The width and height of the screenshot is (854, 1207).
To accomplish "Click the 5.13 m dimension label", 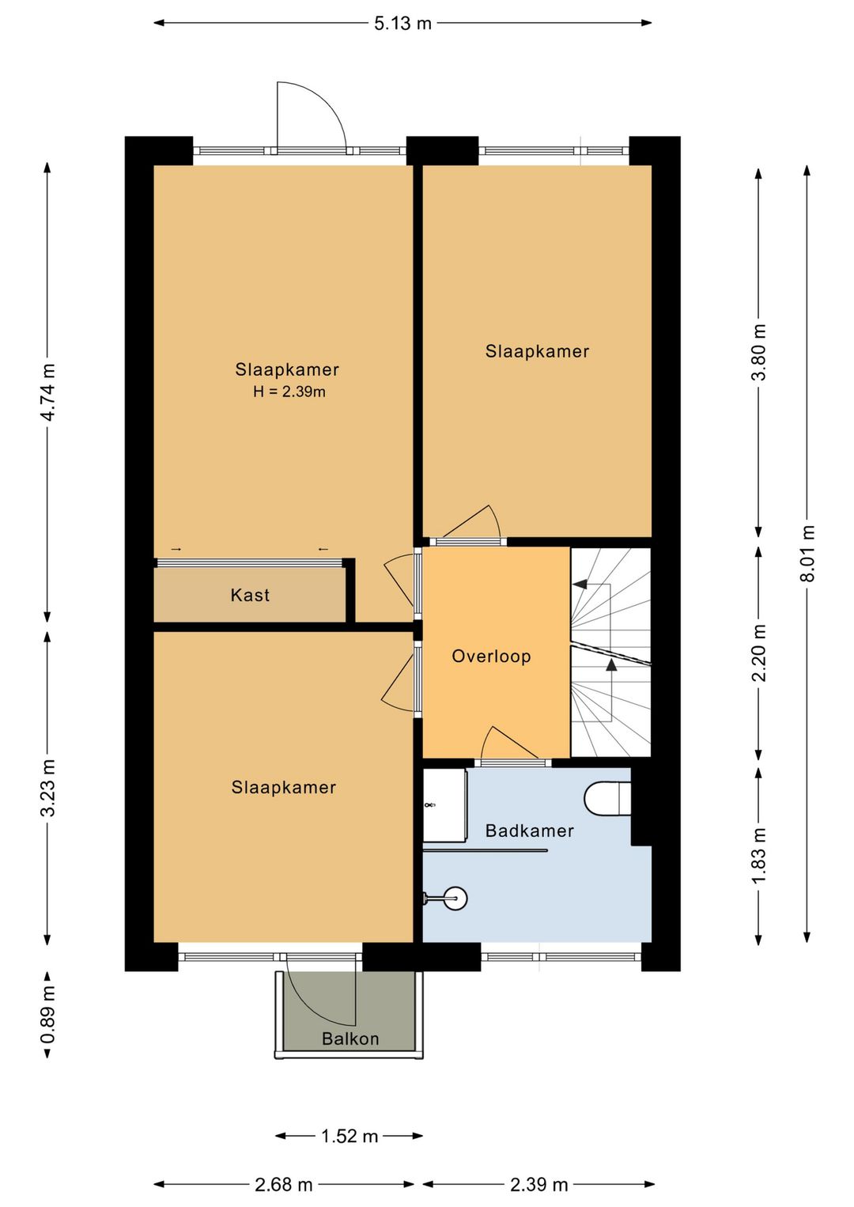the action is click(x=403, y=23).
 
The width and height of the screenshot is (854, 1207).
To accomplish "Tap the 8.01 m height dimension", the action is click(x=807, y=553).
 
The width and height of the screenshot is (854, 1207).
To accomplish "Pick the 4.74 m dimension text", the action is click(x=48, y=392).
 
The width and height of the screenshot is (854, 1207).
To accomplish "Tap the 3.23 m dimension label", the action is click(x=48, y=788).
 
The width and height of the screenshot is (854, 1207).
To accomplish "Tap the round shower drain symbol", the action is click(x=455, y=899).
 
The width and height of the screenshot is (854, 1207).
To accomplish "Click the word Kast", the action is click(x=250, y=595).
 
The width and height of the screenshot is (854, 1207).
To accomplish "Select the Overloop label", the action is click(x=491, y=656).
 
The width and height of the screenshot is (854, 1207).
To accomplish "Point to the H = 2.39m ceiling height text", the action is click(x=289, y=392).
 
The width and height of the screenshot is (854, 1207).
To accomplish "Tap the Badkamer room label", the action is click(x=530, y=831).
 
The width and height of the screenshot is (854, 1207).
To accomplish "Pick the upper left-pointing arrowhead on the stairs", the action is click(x=580, y=584).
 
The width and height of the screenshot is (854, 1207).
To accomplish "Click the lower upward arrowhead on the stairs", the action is click(x=611, y=664).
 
